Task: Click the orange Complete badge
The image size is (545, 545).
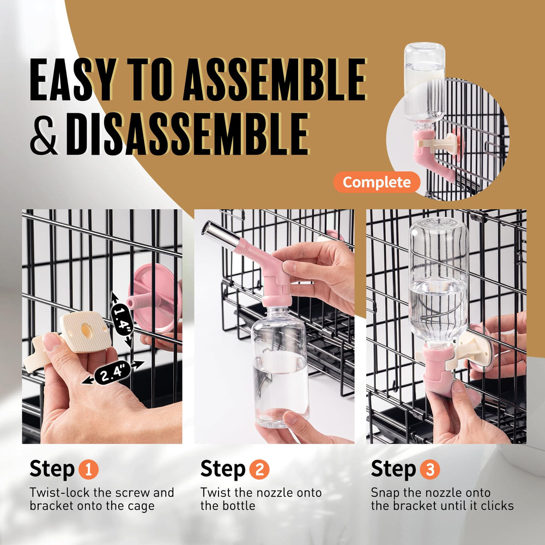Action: pos(377,182)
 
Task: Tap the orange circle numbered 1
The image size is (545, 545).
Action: pos(88,470)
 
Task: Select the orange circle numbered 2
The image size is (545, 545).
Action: pos(259,470)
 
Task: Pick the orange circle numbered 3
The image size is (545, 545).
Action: pos(430,470)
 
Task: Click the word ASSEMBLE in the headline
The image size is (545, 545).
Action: pos(275,80)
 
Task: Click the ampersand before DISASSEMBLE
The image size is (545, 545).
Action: pos(44,135)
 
